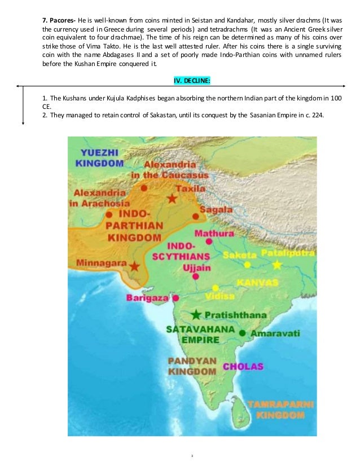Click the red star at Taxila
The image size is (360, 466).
pyautogui.click(x=172, y=199)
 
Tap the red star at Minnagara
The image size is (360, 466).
pyautogui.click(x=134, y=266)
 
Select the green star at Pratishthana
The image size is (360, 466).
pyautogui.click(x=196, y=314)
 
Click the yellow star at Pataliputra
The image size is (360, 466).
pyautogui.click(x=276, y=265)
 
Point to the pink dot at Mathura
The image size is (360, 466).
pyautogui.click(x=209, y=241)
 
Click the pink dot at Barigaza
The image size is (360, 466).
pyautogui.click(x=176, y=298)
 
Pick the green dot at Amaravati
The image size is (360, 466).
pyautogui.click(x=243, y=333)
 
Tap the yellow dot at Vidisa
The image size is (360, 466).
pyautogui.click(x=215, y=287)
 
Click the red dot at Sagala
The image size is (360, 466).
pyautogui.click(x=195, y=216)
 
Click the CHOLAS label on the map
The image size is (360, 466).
pyautogui.click(x=243, y=367)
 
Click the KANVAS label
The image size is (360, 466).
pyautogui.click(x=257, y=282)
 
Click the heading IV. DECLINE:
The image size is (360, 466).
pyautogui.click(x=192, y=81)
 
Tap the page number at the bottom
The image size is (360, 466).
pyautogui.click(x=192, y=453)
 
